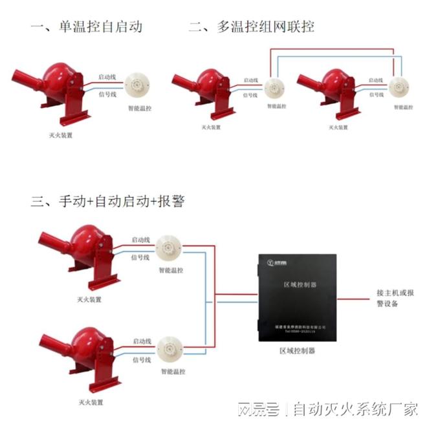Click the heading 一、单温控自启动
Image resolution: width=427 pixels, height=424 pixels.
tap(86, 26)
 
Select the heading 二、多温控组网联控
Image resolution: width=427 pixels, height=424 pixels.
tap(252, 26)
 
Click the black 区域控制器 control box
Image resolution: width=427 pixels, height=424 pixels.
tap(299, 298)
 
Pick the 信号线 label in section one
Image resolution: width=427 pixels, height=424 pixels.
tap(107, 94)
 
